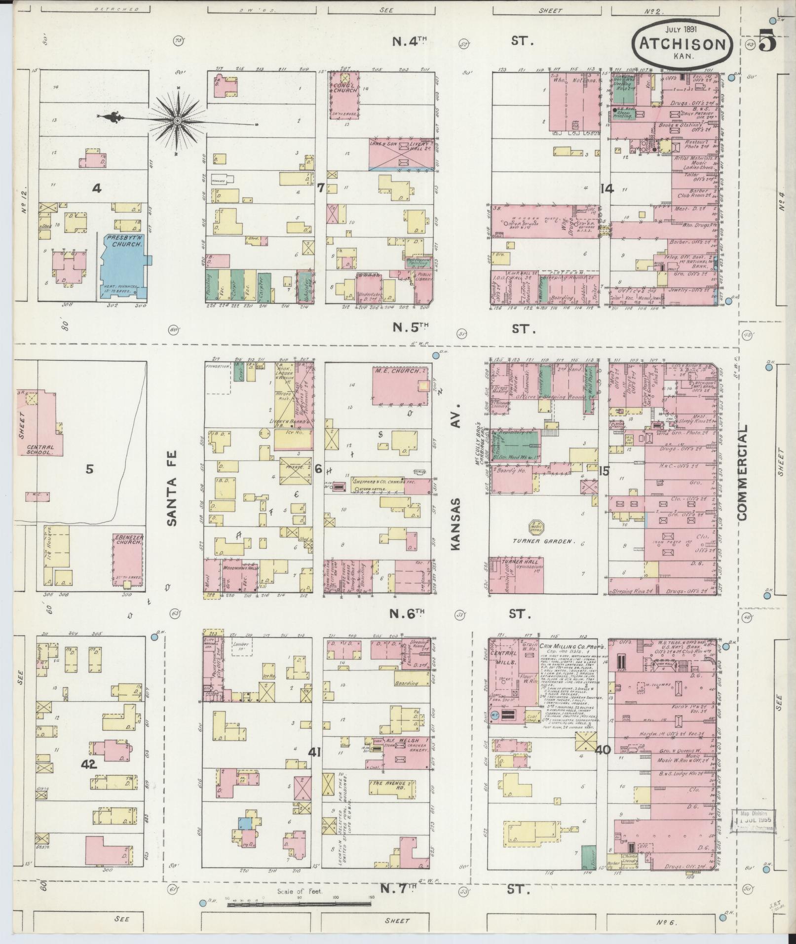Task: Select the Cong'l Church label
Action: click(x=344, y=87)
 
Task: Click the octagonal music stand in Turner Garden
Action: click(x=536, y=527)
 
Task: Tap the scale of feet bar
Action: click(x=299, y=904)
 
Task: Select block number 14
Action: click(x=607, y=188)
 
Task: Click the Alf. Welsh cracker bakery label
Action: click(x=403, y=755)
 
